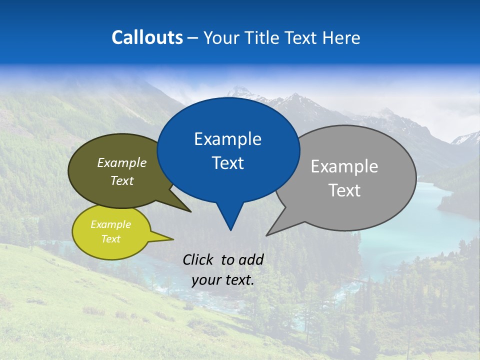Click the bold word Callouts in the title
pos(147,37)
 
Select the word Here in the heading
pos(341,37)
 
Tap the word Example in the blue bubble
pos(227,139)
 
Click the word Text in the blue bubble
pos(227,163)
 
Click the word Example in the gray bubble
pos(344,166)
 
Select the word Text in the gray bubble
pos(344,190)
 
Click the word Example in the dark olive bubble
pos(122,162)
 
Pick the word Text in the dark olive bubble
pos(122,180)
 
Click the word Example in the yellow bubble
pos(110,224)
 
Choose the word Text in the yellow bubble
pos(110,239)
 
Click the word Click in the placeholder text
pos(199,259)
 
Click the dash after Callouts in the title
pos(193,37)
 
